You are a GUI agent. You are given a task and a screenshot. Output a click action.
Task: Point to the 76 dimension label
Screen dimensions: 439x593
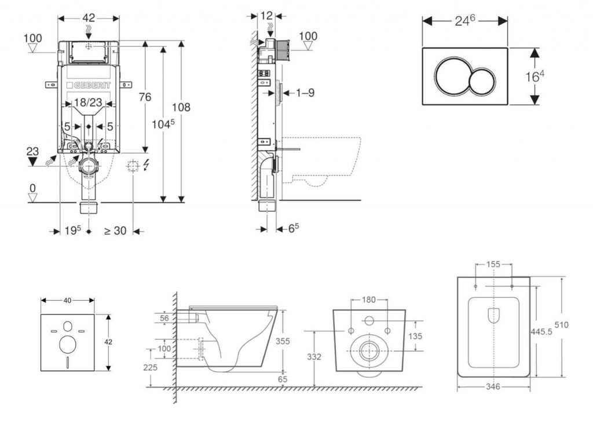(x=145, y=97)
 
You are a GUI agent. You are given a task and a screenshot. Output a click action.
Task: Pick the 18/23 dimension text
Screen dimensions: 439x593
(x=87, y=103)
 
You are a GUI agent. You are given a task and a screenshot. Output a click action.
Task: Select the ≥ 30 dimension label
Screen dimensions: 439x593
(x=115, y=231)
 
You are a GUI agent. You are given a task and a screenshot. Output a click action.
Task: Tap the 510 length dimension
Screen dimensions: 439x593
(x=561, y=325)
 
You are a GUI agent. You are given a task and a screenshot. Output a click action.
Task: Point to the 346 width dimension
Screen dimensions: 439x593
(x=493, y=386)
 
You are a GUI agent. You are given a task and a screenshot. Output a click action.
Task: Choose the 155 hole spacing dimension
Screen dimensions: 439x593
(x=493, y=264)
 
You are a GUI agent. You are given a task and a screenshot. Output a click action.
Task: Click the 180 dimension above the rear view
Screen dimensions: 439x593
(x=369, y=300)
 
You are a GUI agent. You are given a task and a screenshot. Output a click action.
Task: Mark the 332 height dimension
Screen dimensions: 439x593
(x=313, y=357)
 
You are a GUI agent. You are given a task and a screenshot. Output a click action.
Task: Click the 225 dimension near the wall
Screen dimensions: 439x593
(x=151, y=367)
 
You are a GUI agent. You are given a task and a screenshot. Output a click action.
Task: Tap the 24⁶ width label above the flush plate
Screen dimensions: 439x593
(x=464, y=21)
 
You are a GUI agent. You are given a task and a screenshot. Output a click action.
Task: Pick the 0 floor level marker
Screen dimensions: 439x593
(x=32, y=188)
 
